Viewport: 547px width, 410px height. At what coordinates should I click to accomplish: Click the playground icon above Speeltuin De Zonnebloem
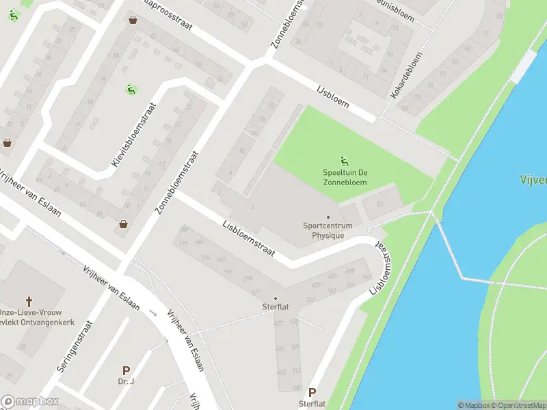[x=345, y=161]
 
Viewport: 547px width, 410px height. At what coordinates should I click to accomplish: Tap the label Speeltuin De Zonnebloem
[x=345, y=178]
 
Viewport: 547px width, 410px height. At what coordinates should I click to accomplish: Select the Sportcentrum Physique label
[x=328, y=230]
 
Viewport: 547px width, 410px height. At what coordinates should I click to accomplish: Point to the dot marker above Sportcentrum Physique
[x=328, y=217]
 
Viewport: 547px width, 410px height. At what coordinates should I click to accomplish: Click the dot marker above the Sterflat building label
[x=276, y=299]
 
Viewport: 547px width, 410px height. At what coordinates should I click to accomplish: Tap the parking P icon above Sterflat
[x=312, y=393]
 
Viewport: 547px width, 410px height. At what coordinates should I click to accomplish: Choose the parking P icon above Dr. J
[x=126, y=370]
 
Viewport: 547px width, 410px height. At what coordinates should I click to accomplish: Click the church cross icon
[x=29, y=301]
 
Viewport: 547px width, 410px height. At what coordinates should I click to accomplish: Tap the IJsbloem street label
[x=333, y=97]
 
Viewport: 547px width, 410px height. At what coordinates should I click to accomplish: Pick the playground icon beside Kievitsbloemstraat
[x=129, y=89]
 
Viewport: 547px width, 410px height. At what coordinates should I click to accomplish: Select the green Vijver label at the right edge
[x=534, y=180]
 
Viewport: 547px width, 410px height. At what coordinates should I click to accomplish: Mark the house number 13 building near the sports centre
[x=380, y=203]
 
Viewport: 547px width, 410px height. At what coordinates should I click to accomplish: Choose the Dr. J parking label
[x=125, y=381]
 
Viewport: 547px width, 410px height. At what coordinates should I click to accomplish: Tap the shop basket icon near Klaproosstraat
[x=133, y=20]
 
